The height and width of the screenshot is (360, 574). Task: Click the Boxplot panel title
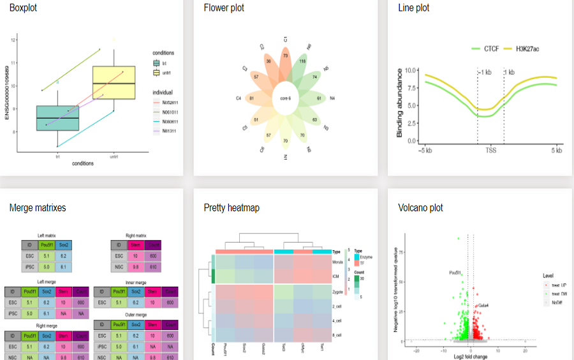[x=26, y=8]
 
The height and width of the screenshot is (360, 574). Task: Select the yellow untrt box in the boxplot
[x=114, y=82]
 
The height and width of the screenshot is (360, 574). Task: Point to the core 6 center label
[x=285, y=98]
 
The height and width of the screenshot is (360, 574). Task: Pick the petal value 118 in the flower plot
[x=303, y=61]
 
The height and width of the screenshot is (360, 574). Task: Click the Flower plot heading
[x=224, y=8]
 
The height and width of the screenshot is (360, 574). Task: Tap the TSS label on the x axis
[x=490, y=151]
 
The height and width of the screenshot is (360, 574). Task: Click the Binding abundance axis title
[x=400, y=101]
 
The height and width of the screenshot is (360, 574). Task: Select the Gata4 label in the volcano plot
[x=483, y=306]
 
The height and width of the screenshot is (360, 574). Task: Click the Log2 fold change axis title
[x=470, y=356]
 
